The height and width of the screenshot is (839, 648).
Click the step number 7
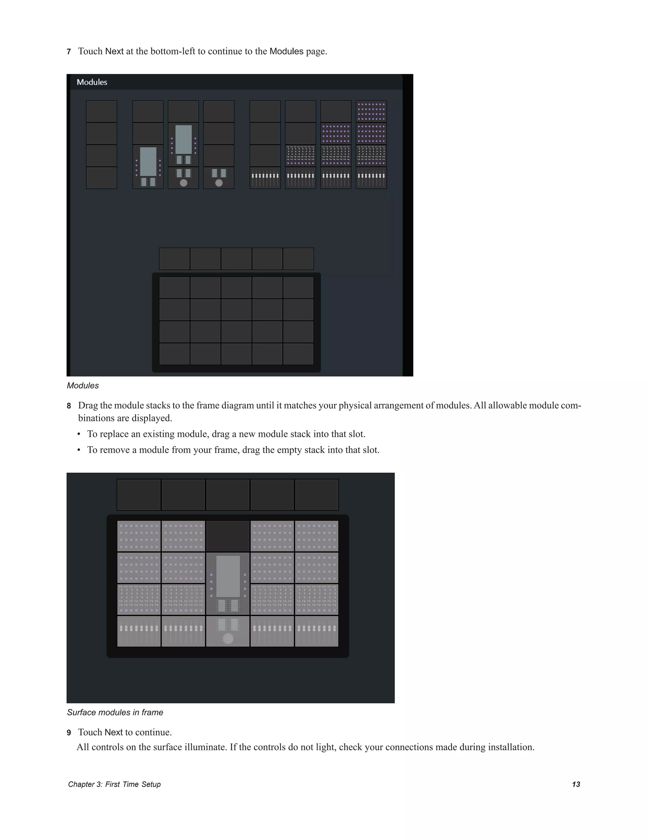(69, 52)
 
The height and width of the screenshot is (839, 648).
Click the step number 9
(69, 733)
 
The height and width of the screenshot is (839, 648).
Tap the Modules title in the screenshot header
(92, 82)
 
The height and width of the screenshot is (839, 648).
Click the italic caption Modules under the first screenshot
(83, 386)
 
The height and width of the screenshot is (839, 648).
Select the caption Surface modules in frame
(115, 713)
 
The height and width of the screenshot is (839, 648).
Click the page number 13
(576, 785)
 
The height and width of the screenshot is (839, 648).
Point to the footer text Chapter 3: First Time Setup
(114, 785)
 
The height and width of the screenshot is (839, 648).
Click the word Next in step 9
(114, 733)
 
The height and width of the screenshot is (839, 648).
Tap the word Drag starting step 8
(88, 406)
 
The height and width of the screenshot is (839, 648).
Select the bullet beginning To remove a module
(233, 450)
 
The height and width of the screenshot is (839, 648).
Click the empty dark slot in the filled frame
(227, 536)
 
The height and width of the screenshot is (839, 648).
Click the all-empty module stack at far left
(101, 144)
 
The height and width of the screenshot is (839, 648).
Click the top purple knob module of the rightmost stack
(371, 111)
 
